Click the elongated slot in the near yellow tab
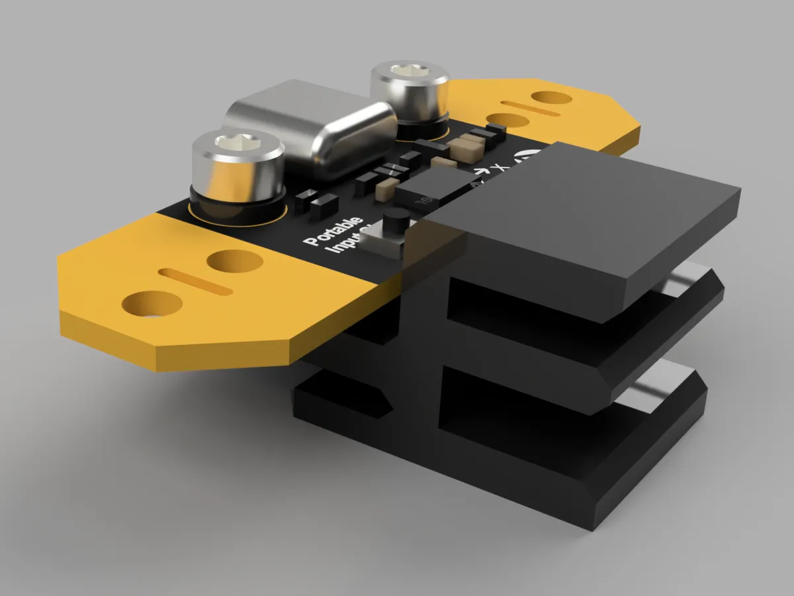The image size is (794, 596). [196, 281]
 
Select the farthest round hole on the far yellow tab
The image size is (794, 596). [551, 98]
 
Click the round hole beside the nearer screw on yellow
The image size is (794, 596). [234, 260]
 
